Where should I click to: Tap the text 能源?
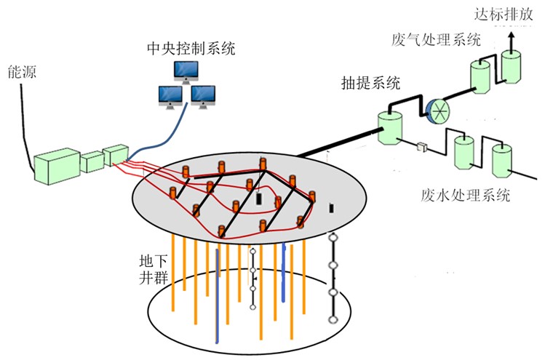[x=18, y=72]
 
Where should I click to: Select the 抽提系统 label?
[x=369, y=83]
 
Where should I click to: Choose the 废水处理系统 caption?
[x=459, y=195]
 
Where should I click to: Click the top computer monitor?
[x=185, y=71]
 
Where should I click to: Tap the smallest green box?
[x=115, y=155]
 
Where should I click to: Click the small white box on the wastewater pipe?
[x=421, y=148]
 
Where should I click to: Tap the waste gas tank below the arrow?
[x=511, y=68]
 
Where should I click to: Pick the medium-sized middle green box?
[x=91, y=161]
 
